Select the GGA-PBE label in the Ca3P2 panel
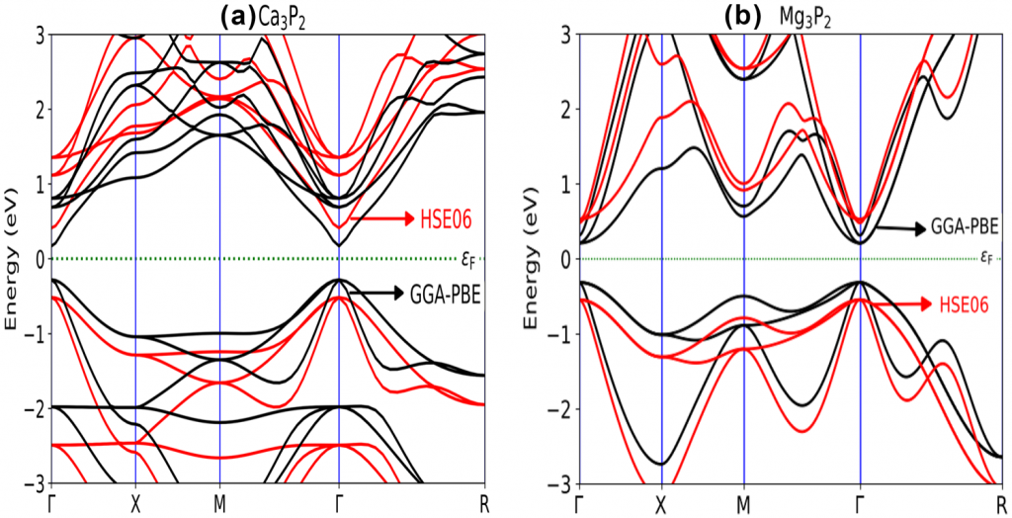click(444, 293)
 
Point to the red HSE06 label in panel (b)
click(964, 304)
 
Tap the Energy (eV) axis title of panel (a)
click(13, 259)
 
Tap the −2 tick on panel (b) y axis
click(561, 409)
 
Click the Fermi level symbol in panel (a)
click(469, 259)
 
